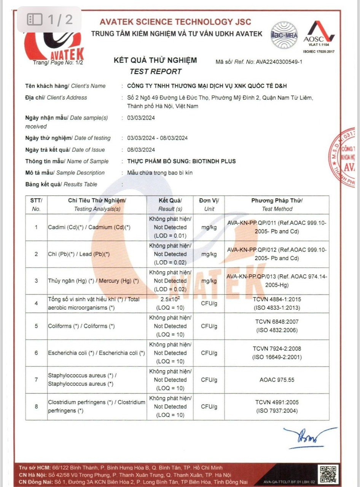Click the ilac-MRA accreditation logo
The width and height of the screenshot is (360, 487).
[284, 35]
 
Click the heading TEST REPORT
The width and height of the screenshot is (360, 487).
[155, 71]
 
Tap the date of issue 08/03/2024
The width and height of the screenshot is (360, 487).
[141, 150]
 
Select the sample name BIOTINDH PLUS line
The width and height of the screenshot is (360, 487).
[182, 161]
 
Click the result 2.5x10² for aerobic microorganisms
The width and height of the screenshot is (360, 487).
[170, 299]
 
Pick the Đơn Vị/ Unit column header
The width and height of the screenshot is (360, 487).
[209, 205]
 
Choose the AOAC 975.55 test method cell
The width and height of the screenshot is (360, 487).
[277, 380]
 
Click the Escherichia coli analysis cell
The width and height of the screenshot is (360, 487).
[96, 353]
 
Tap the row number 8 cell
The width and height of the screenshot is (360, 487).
[37, 406]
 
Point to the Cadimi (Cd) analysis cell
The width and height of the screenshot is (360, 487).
[89, 227]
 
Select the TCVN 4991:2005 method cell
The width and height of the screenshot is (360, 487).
[277, 406]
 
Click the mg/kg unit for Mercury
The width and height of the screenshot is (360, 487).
[209, 281]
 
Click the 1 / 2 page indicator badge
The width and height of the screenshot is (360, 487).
[49, 19]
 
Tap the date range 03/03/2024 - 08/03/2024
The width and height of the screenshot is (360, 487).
[157, 138]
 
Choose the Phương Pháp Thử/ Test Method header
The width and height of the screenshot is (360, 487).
[277, 205]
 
